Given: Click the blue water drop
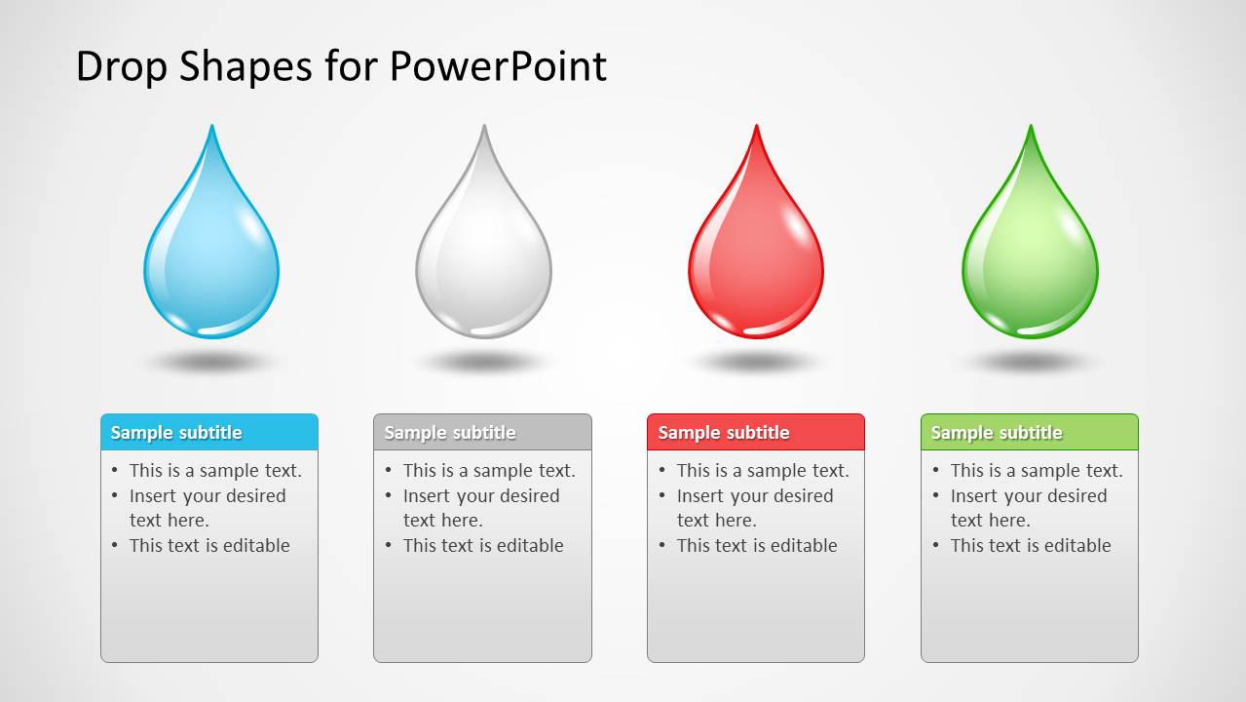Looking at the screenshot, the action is point(211,258).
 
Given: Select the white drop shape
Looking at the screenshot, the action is point(483,258).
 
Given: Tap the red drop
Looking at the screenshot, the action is point(756,258).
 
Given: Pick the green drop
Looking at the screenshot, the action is point(1030,258).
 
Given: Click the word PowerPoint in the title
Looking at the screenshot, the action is point(498,66).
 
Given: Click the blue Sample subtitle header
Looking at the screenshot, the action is point(209,432).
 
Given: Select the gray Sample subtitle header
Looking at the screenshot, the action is point(482,432).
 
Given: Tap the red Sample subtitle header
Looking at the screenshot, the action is point(756,432).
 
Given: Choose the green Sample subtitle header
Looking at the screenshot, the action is point(1030,432).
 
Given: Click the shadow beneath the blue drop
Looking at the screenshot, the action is point(210,363).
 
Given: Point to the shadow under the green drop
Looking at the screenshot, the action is point(1030,363).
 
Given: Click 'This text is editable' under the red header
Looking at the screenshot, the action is point(757,545).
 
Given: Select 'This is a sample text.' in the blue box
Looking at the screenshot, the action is point(215,470).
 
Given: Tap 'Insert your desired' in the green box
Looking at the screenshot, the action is point(1029,495).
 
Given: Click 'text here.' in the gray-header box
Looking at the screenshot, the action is point(442,520).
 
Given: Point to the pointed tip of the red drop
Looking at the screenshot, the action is point(756,129).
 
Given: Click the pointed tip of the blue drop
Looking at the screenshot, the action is point(211,129).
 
